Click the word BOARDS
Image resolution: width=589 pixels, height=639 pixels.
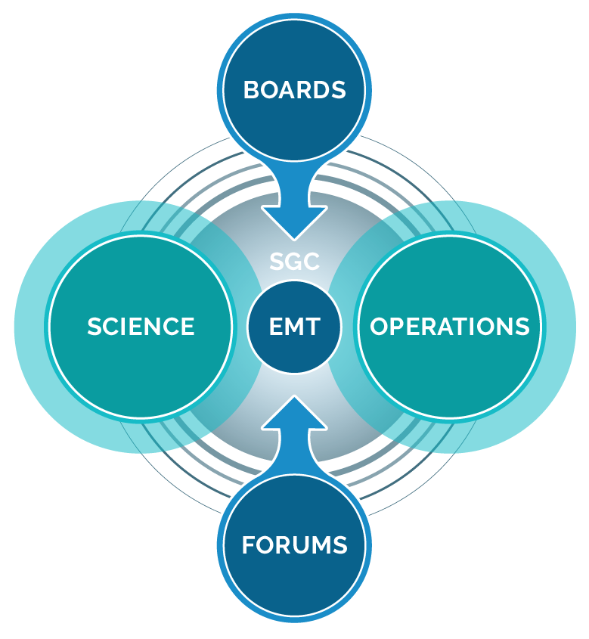coord(294,90)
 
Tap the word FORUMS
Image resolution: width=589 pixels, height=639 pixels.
coord(294,544)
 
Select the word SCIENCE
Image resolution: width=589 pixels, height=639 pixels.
coord(141,327)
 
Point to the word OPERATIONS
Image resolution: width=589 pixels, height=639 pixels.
coord(449,327)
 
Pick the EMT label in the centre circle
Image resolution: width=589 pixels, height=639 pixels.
coord(295,327)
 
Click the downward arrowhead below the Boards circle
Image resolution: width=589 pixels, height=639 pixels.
coord(295,224)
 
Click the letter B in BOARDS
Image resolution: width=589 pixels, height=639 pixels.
coord(250,90)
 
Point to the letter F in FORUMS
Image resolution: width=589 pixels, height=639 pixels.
coord(247,544)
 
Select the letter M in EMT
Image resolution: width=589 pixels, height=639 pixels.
coord(295,327)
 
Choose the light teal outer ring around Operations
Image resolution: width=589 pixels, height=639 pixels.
coord(559,327)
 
